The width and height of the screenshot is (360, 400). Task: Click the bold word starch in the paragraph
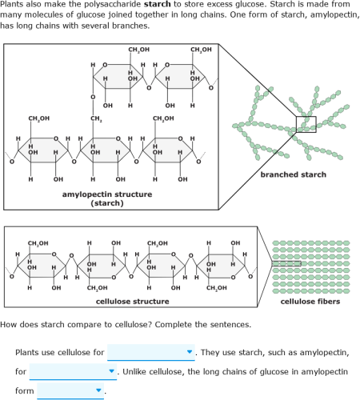157,4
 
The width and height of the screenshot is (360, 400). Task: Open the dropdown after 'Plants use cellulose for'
151,352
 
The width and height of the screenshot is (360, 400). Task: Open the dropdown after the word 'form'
70,390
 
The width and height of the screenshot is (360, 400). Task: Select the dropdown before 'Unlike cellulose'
73,371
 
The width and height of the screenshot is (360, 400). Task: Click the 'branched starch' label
294,174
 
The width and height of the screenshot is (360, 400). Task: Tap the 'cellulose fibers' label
310,302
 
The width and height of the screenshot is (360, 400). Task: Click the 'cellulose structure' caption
132,302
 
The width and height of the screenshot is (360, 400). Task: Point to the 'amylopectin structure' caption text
107,194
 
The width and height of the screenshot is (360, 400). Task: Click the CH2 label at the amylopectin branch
96,118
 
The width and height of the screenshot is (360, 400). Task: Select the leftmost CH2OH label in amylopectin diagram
39,118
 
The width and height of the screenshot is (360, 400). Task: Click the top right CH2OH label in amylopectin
201,50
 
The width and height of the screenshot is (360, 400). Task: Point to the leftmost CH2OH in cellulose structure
38,243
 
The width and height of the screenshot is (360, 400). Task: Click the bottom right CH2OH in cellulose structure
217,288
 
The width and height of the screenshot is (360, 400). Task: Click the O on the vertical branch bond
93,97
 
